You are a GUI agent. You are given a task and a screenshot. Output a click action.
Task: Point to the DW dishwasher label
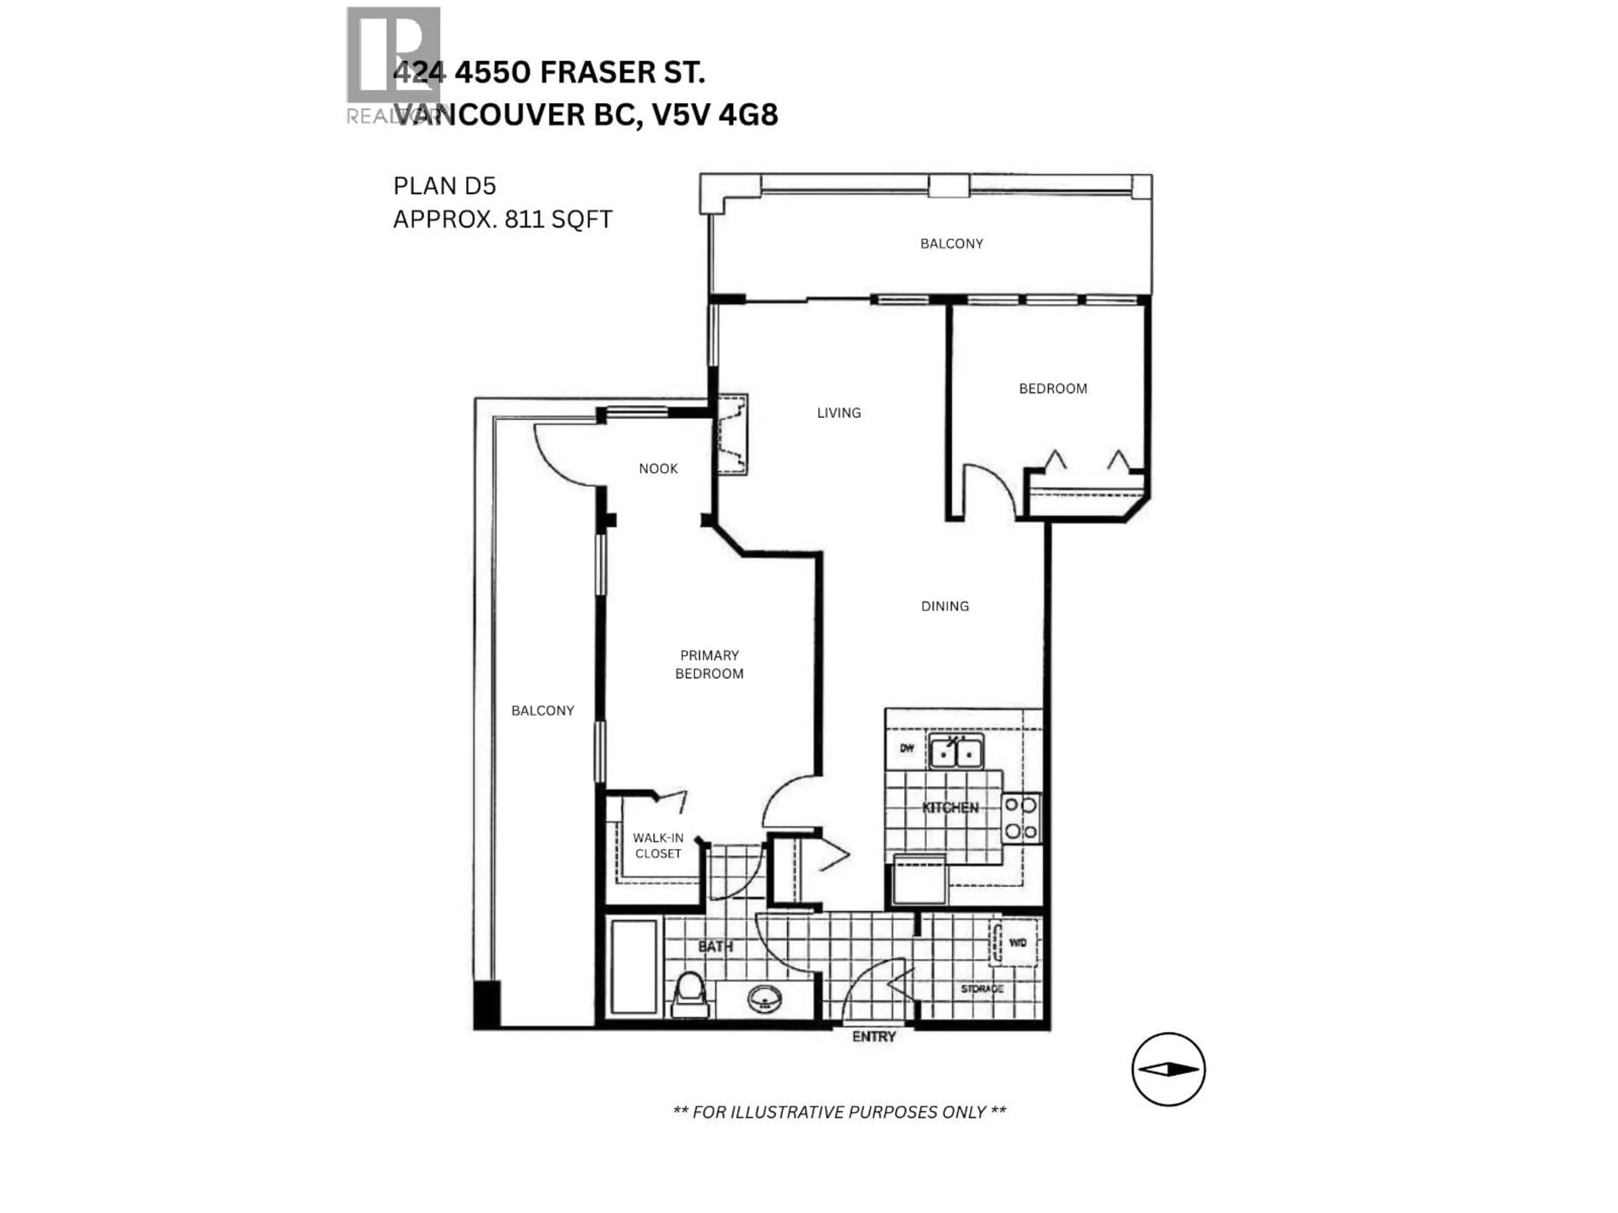907,748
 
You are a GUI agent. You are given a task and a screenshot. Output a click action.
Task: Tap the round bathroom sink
764,999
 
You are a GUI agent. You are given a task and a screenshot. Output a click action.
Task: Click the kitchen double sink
956,752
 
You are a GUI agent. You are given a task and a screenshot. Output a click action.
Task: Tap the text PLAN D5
444,187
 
